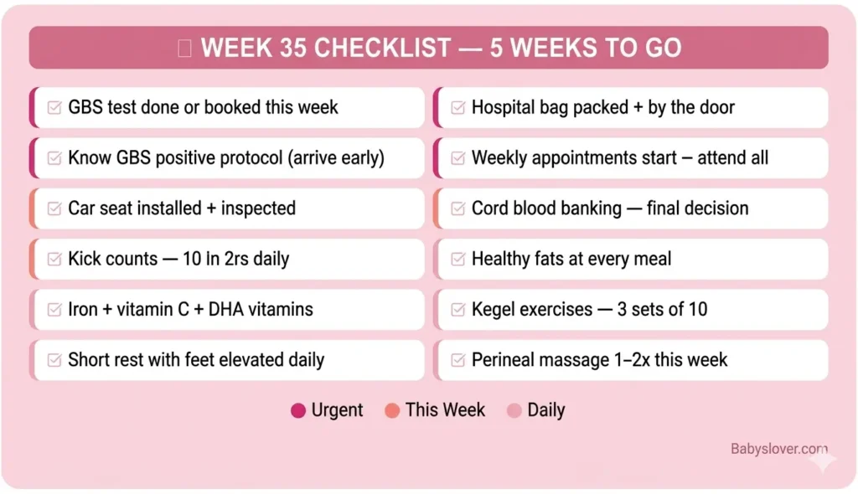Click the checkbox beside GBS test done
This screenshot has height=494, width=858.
[55, 108]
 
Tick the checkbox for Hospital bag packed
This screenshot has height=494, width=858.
[458, 108]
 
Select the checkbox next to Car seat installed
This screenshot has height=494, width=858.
[55, 208]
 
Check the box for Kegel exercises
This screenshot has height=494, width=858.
[458, 310]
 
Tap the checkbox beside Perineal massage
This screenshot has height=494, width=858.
[458, 360]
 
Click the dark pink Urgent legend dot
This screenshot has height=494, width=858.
[297, 410]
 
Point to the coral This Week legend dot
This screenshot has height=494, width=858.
[391, 410]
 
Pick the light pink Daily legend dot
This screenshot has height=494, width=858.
[514, 410]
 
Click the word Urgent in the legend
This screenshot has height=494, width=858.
[337, 410]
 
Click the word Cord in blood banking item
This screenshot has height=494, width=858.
[489, 208]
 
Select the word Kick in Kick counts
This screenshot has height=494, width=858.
[85, 259]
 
